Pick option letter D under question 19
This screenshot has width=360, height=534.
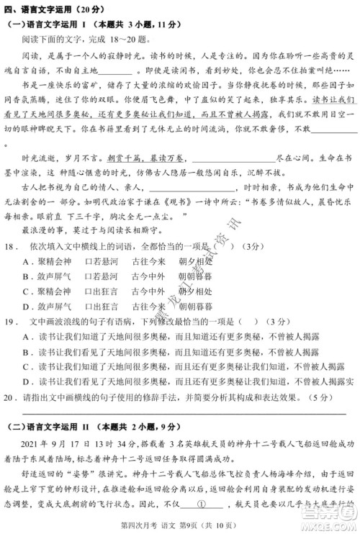pyautogui.click(x=26, y=381)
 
